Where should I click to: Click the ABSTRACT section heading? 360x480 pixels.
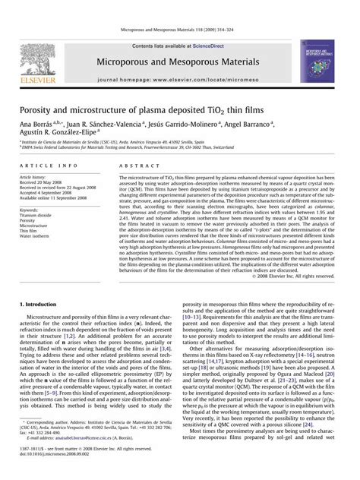(x=137, y=165)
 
